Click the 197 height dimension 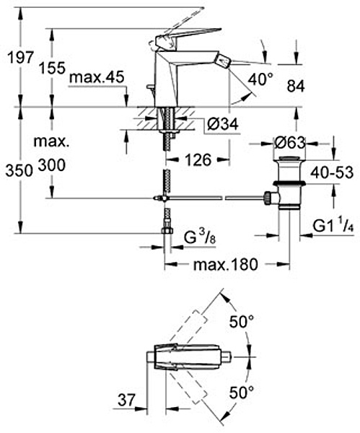tap(21, 57)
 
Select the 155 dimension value tap(52, 68)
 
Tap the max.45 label tap(97, 78)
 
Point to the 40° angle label tap(260, 79)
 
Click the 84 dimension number tap(296, 86)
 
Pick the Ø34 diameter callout tap(223, 124)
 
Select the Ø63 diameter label tap(290, 143)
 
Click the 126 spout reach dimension tap(198, 160)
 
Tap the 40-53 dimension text tap(332, 173)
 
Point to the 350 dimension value tap(19, 170)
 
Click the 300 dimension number tap(52, 165)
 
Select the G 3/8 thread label tap(200, 237)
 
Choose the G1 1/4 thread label tap(333, 227)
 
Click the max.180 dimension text tap(226, 264)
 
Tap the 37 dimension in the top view tap(127, 400)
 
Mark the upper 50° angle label tap(241, 321)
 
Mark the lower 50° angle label tap(241, 393)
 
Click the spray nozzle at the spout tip tap(223, 60)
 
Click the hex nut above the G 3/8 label tap(167, 230)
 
